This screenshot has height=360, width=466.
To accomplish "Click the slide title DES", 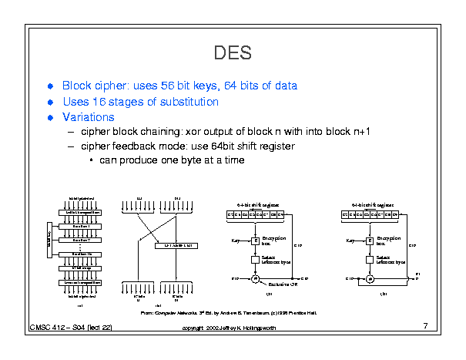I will [x=233, y=52].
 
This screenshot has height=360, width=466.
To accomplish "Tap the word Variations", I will [x=89, y=117].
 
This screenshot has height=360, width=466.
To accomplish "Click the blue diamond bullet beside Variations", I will [x=51, y=118].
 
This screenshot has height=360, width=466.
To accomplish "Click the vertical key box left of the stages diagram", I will [x=50, y=235].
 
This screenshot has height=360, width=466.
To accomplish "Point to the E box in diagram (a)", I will [x=256, y=241].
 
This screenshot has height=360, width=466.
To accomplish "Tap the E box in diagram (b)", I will [x=370, y=241].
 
